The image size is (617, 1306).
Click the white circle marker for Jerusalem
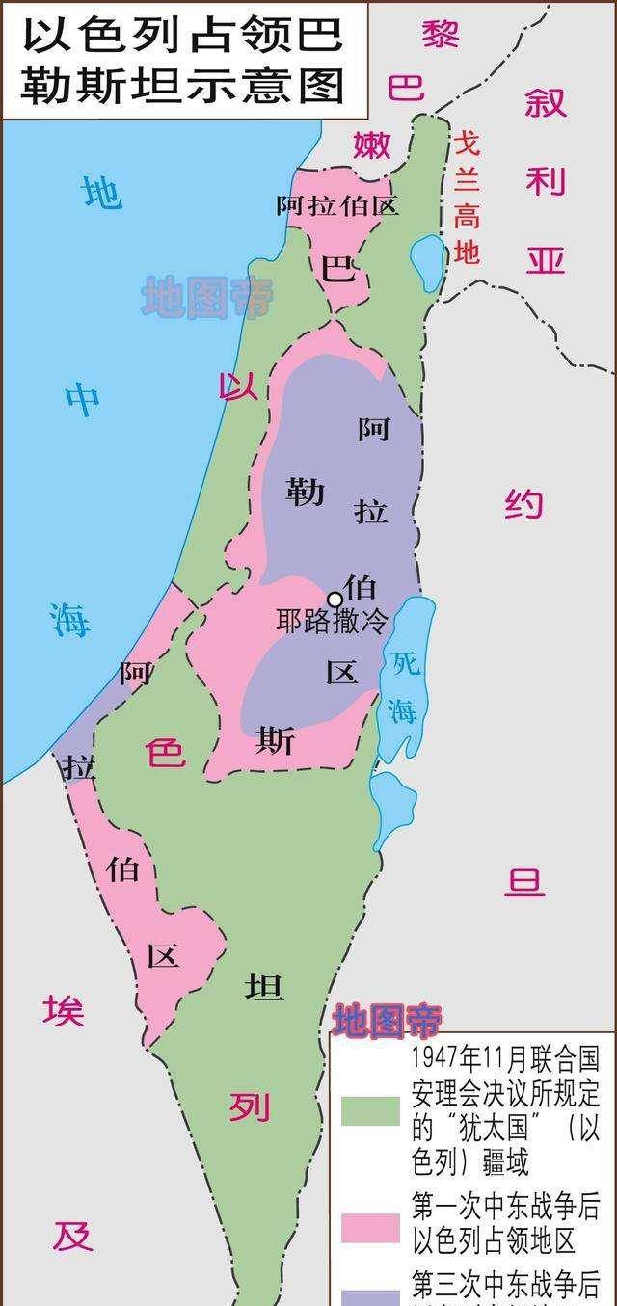click(x=335, y=599)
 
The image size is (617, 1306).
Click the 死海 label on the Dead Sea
click(x=402, y=685)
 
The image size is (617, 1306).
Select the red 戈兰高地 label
click(x=467, y=199)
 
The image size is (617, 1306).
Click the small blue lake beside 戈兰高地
click(x=426, y=260)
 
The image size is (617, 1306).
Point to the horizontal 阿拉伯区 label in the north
click(x=336, y=205)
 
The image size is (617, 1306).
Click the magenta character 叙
click(x=545, y=102)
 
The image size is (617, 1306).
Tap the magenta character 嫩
click(x=371, y=145)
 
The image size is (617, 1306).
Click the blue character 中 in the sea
click(x=82, y=399)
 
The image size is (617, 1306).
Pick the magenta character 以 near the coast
click(x=237, y=386)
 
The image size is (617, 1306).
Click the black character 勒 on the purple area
click(x=305, y=493)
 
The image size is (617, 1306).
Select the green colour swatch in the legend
click(x=370, y=1111)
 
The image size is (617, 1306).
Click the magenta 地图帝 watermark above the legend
click(x=387, y=1020)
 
